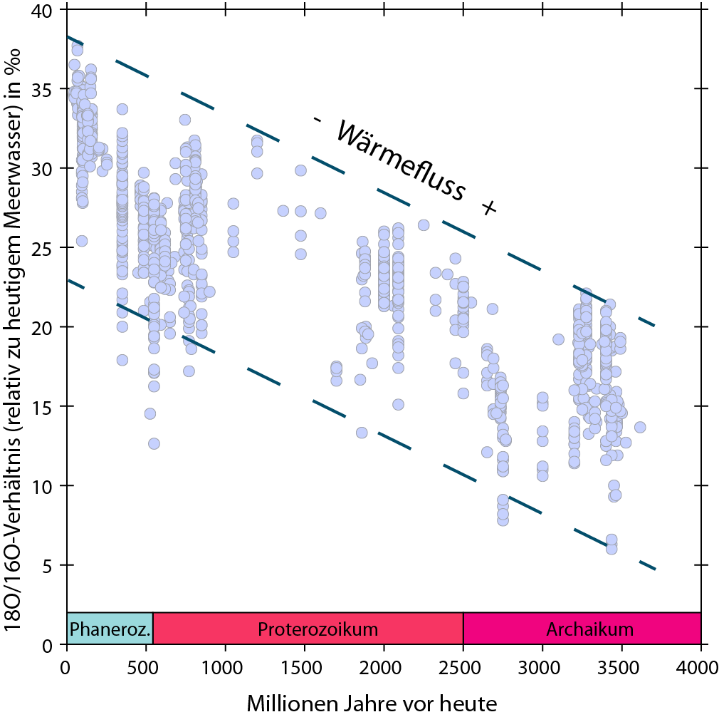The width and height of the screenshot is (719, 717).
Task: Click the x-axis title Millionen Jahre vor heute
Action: pos(371,703)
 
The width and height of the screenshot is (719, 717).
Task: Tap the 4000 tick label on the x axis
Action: pos(700,668)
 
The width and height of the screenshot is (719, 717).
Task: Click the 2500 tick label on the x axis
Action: pos(463,668)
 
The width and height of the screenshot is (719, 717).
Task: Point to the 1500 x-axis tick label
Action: pos(304,668)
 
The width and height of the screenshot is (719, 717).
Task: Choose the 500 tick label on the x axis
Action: pos(146,668)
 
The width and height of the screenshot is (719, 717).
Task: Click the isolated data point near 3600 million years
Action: pos(640,427)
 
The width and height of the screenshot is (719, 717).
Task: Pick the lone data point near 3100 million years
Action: pos(558,339)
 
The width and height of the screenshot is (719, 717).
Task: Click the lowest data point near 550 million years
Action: pos(154,443)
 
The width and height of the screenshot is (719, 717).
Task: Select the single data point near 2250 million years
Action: pos(424,225)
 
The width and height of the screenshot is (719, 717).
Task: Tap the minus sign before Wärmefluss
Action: pos(317,120)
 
